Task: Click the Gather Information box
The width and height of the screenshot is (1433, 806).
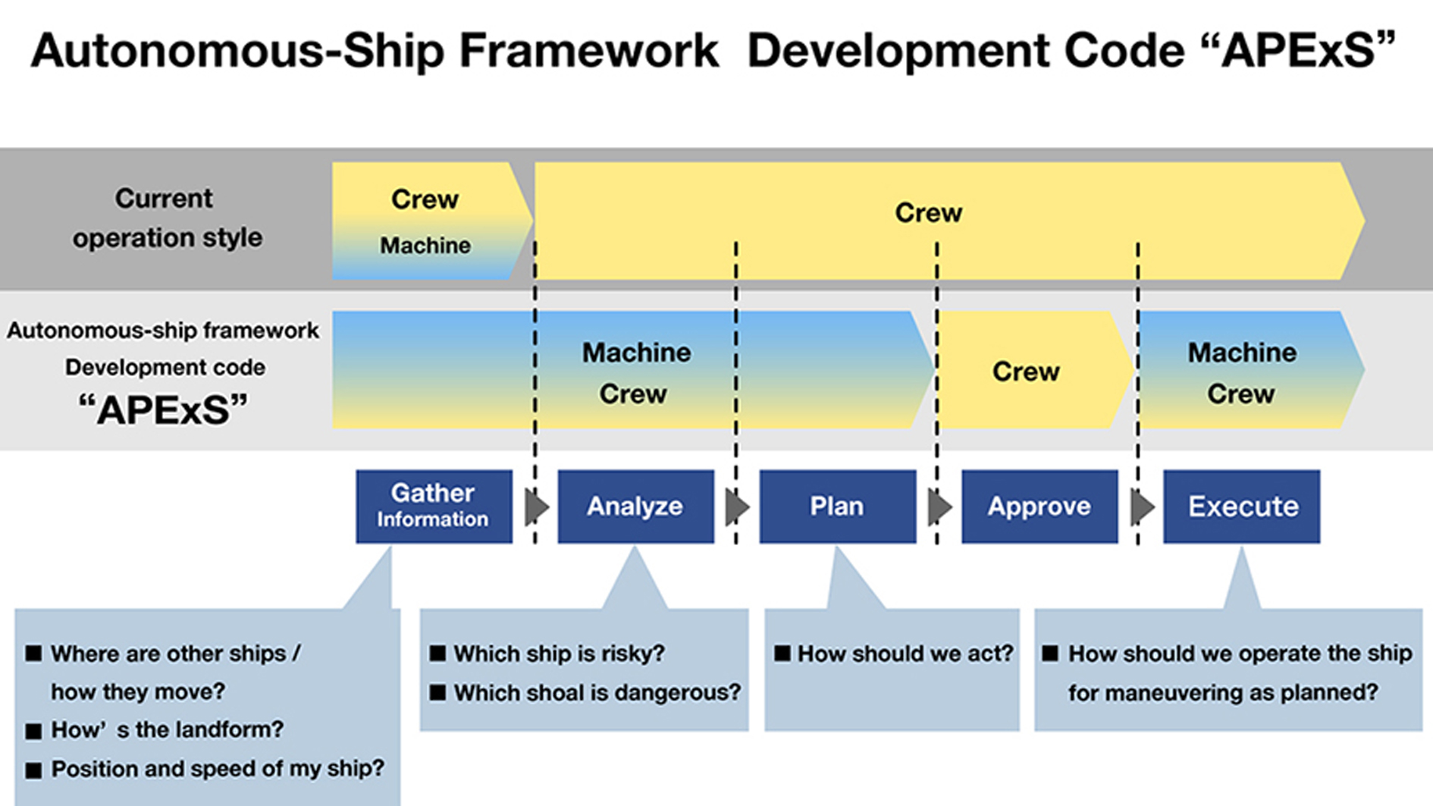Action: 434,506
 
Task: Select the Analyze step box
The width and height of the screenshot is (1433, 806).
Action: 635,506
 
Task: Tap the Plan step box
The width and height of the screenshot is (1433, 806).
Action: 837,506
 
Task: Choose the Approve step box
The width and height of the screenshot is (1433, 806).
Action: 1039,506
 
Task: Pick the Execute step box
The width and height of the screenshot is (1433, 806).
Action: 1241,506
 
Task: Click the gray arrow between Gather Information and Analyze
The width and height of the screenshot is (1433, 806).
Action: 536,506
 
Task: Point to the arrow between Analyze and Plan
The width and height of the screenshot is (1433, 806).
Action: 736,506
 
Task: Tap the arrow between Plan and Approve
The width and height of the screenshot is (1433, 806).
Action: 939,506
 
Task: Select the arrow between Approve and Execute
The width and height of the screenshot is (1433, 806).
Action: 1141,506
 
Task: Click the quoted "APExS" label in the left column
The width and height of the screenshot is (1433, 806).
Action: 163,410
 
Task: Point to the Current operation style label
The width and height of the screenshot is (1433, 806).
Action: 166,218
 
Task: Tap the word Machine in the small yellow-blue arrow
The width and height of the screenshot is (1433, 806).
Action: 425,246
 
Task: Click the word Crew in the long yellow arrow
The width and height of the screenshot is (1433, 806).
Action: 928,213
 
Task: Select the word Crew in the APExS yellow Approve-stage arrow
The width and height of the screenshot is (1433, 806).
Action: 1025,372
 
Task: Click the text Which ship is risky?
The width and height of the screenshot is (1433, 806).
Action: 559,654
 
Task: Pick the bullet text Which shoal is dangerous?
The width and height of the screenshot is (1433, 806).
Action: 597,692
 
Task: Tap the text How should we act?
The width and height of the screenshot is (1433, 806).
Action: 905,654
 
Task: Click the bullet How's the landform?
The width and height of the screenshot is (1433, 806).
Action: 167,729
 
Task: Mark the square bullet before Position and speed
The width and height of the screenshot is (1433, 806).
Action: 33,770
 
